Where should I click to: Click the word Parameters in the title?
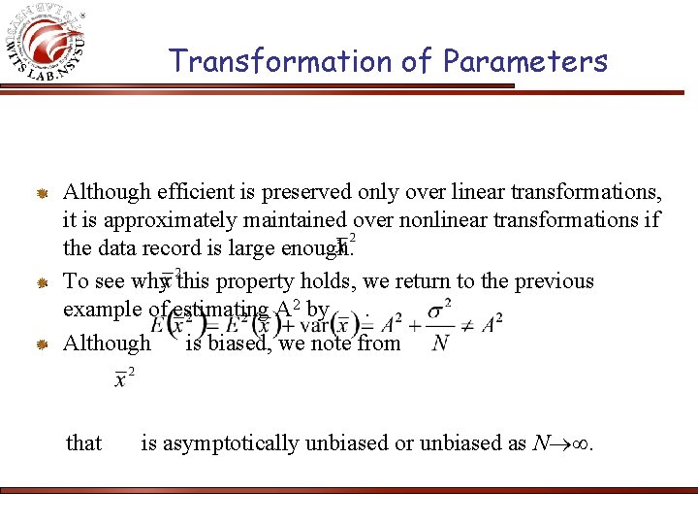pyautogui.click(x=525, y=61)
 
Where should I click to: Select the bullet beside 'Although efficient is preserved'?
pyautogui.click(x=43, y=193)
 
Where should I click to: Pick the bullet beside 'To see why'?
pyautogui.click(x=43, y=283)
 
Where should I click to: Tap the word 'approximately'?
pyautogui.click(x=159, y=220)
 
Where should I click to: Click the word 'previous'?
pyautogui.click(x=551, y=281)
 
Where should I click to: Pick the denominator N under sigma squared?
pyautogui.click(x=440, y=343)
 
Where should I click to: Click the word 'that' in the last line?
pyautogui.click(x=83, y=443)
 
